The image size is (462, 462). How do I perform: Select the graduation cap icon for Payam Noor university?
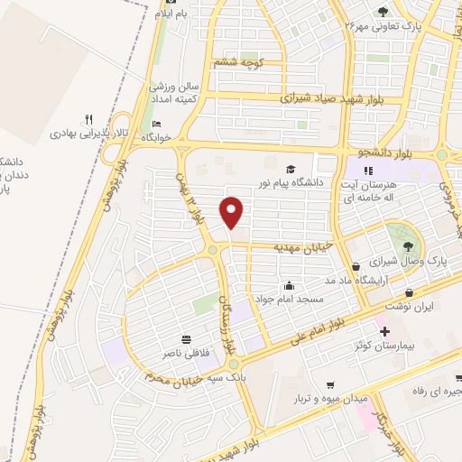click(x=291, y=169)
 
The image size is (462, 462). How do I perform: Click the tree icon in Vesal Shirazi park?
click(x=409, y=245)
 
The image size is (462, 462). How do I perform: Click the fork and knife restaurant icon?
click(x=88, y=118)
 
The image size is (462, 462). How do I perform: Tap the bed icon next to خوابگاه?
click(x=157, y=125)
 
